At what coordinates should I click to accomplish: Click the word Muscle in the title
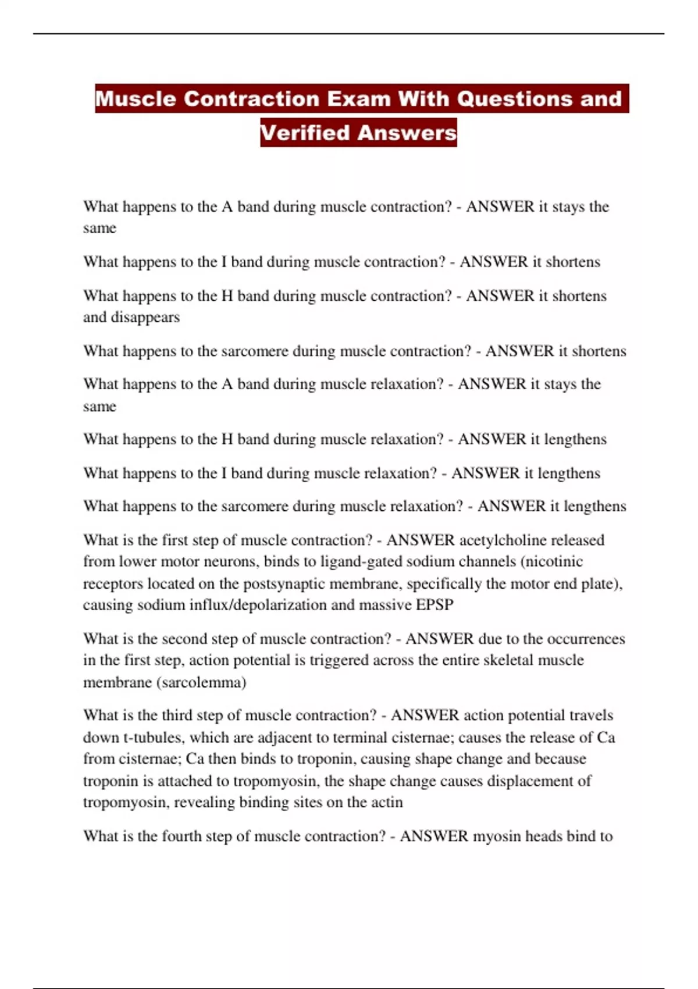coord(136,98)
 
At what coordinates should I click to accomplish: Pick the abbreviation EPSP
coord(435,605)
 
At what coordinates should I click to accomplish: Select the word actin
coord(387,802)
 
